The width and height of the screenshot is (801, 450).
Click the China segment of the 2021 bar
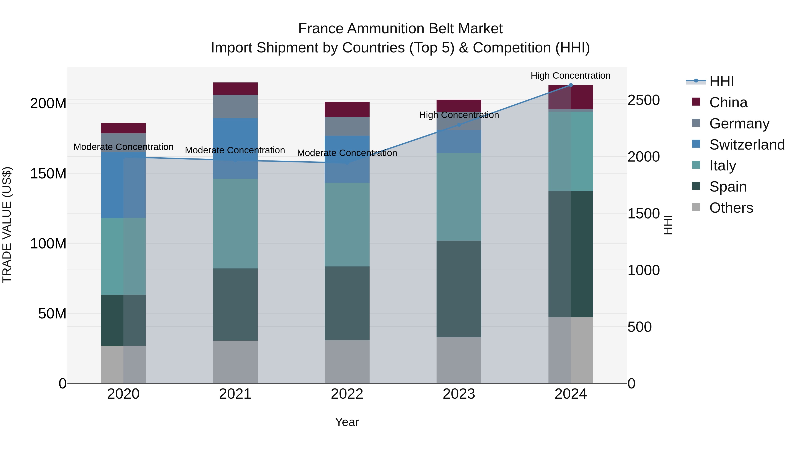point(235,88)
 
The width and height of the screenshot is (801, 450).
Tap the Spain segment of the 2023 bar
point(459,289)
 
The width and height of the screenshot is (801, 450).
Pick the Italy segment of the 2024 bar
point(570,151)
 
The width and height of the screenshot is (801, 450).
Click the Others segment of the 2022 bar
point(347,362)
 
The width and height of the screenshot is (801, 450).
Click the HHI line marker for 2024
point(570,85)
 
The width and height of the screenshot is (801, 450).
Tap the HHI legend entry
point(721,81)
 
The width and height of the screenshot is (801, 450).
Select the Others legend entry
point(731,208)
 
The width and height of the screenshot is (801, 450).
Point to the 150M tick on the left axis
point(48,173)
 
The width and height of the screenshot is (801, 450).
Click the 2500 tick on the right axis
point(643,100)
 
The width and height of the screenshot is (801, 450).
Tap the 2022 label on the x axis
point(347,394)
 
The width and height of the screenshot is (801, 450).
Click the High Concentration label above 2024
point(570,76)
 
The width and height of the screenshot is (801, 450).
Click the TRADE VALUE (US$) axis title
point(7,225)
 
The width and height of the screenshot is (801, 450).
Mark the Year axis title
point(347,422)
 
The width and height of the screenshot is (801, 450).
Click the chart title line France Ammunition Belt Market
point(400,29)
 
